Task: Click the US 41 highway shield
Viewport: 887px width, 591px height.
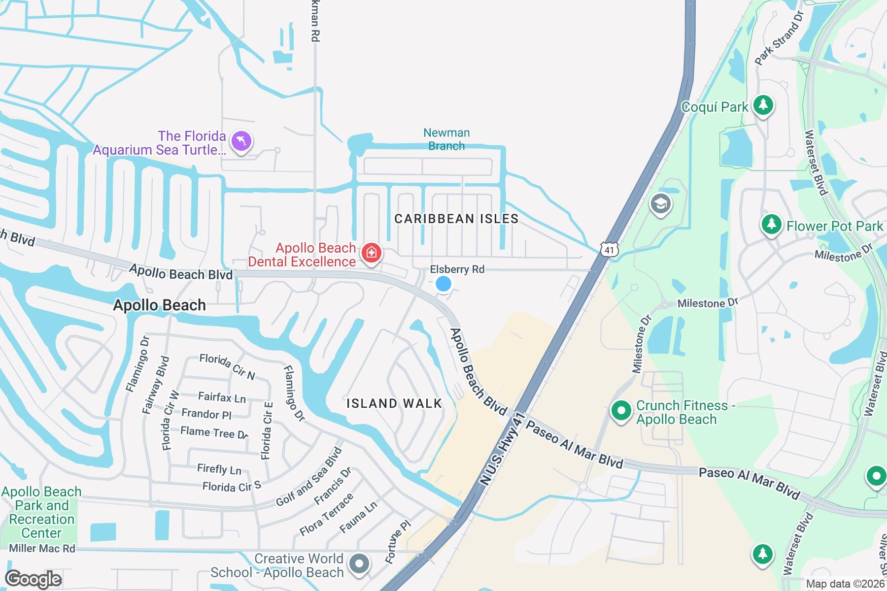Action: click(x=610, y=250)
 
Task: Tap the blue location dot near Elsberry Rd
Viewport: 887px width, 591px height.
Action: click(x=443, y=284)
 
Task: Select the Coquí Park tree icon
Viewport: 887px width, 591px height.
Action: click(x=763, y=105)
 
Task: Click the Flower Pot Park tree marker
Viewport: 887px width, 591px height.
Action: click(x=772, y=225)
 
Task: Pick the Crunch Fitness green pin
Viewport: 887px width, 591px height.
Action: click(x=621, y=410)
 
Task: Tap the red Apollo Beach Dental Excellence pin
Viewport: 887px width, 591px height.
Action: click(x=371, y=253)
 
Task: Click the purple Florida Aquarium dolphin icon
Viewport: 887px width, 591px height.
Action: click(x=241, y=141)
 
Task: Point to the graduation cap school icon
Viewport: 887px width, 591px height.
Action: click(x=660, y=204)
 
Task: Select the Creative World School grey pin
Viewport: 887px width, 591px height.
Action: click(x=359, y=564)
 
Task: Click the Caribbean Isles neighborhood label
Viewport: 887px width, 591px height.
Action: click(x=456, y=219)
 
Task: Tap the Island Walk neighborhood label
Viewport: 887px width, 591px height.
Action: click(x=394, y=403)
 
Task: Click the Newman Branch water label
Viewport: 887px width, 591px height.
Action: click(x=446, y=139)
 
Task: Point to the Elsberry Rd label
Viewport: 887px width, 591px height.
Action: click(x=457, y=269)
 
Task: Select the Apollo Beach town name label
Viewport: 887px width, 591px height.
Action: click(x=159, y=305)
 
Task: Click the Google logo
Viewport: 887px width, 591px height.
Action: click(x=34, y=579)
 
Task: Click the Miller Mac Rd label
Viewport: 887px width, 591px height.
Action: click(x=42, y=548)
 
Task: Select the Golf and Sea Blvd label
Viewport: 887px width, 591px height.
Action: click(x=309, y=477)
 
